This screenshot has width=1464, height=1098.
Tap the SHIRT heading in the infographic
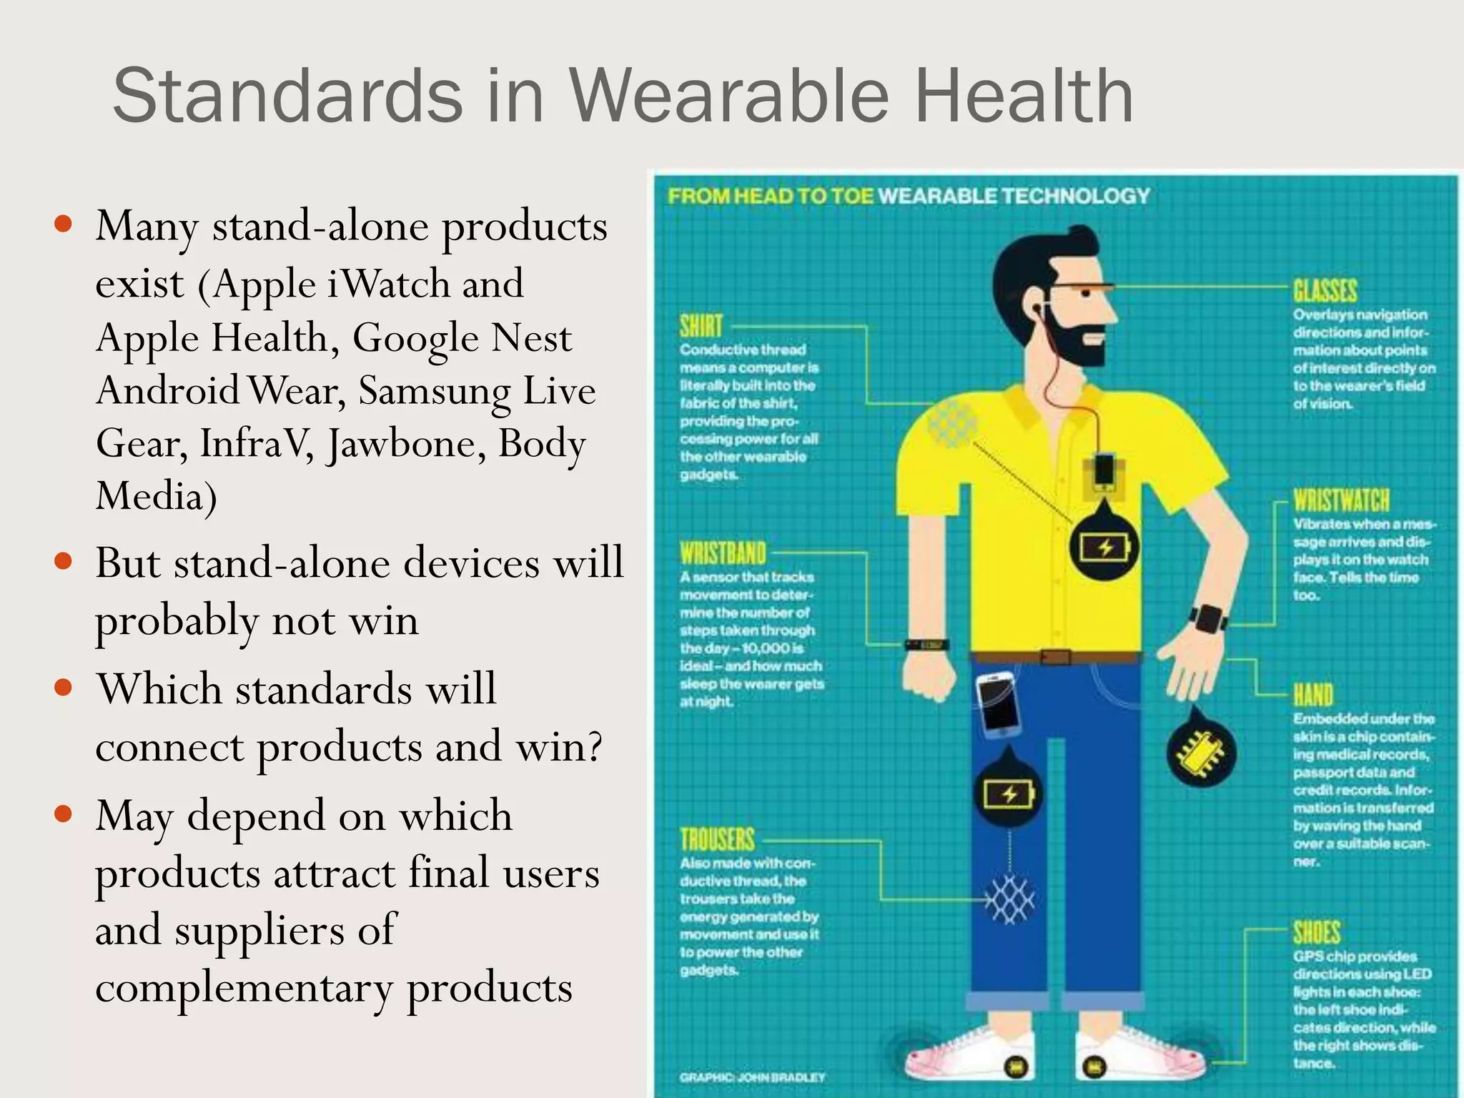click(x=701, y=326)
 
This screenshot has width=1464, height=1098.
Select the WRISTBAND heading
click(x=723, y=553)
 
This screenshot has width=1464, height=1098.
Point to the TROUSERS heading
click(x=717, y=839)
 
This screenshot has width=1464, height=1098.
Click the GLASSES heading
click(x=1325, y=291)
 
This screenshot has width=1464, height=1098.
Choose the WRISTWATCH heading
click(x=1341, y=500)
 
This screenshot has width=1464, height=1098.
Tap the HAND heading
click(x=1313, y=694)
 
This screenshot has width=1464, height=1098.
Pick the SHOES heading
click(x=1317, y=933)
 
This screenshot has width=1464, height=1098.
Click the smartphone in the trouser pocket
click(x=998, y=704)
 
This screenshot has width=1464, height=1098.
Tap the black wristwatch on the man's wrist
click(x=1208, y=618)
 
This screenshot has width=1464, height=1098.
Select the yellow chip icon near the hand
click(x=1202, y=754)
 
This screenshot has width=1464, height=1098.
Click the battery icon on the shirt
click(x=1104, y=548)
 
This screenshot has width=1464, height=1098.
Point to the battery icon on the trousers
click(x=1009, y=794)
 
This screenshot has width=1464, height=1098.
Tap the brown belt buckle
click(x=1055, y=656)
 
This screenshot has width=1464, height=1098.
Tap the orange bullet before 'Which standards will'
click(x=64, y=688)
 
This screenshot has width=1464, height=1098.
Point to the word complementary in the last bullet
click(x=244, y=989)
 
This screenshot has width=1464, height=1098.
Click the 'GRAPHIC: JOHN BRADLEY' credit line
click(x=752, y=1077)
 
